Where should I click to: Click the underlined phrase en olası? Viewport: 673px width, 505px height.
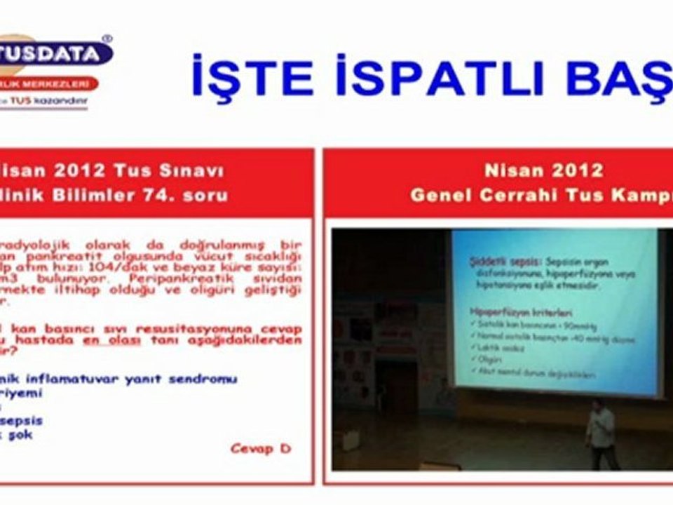click(112, 340)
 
